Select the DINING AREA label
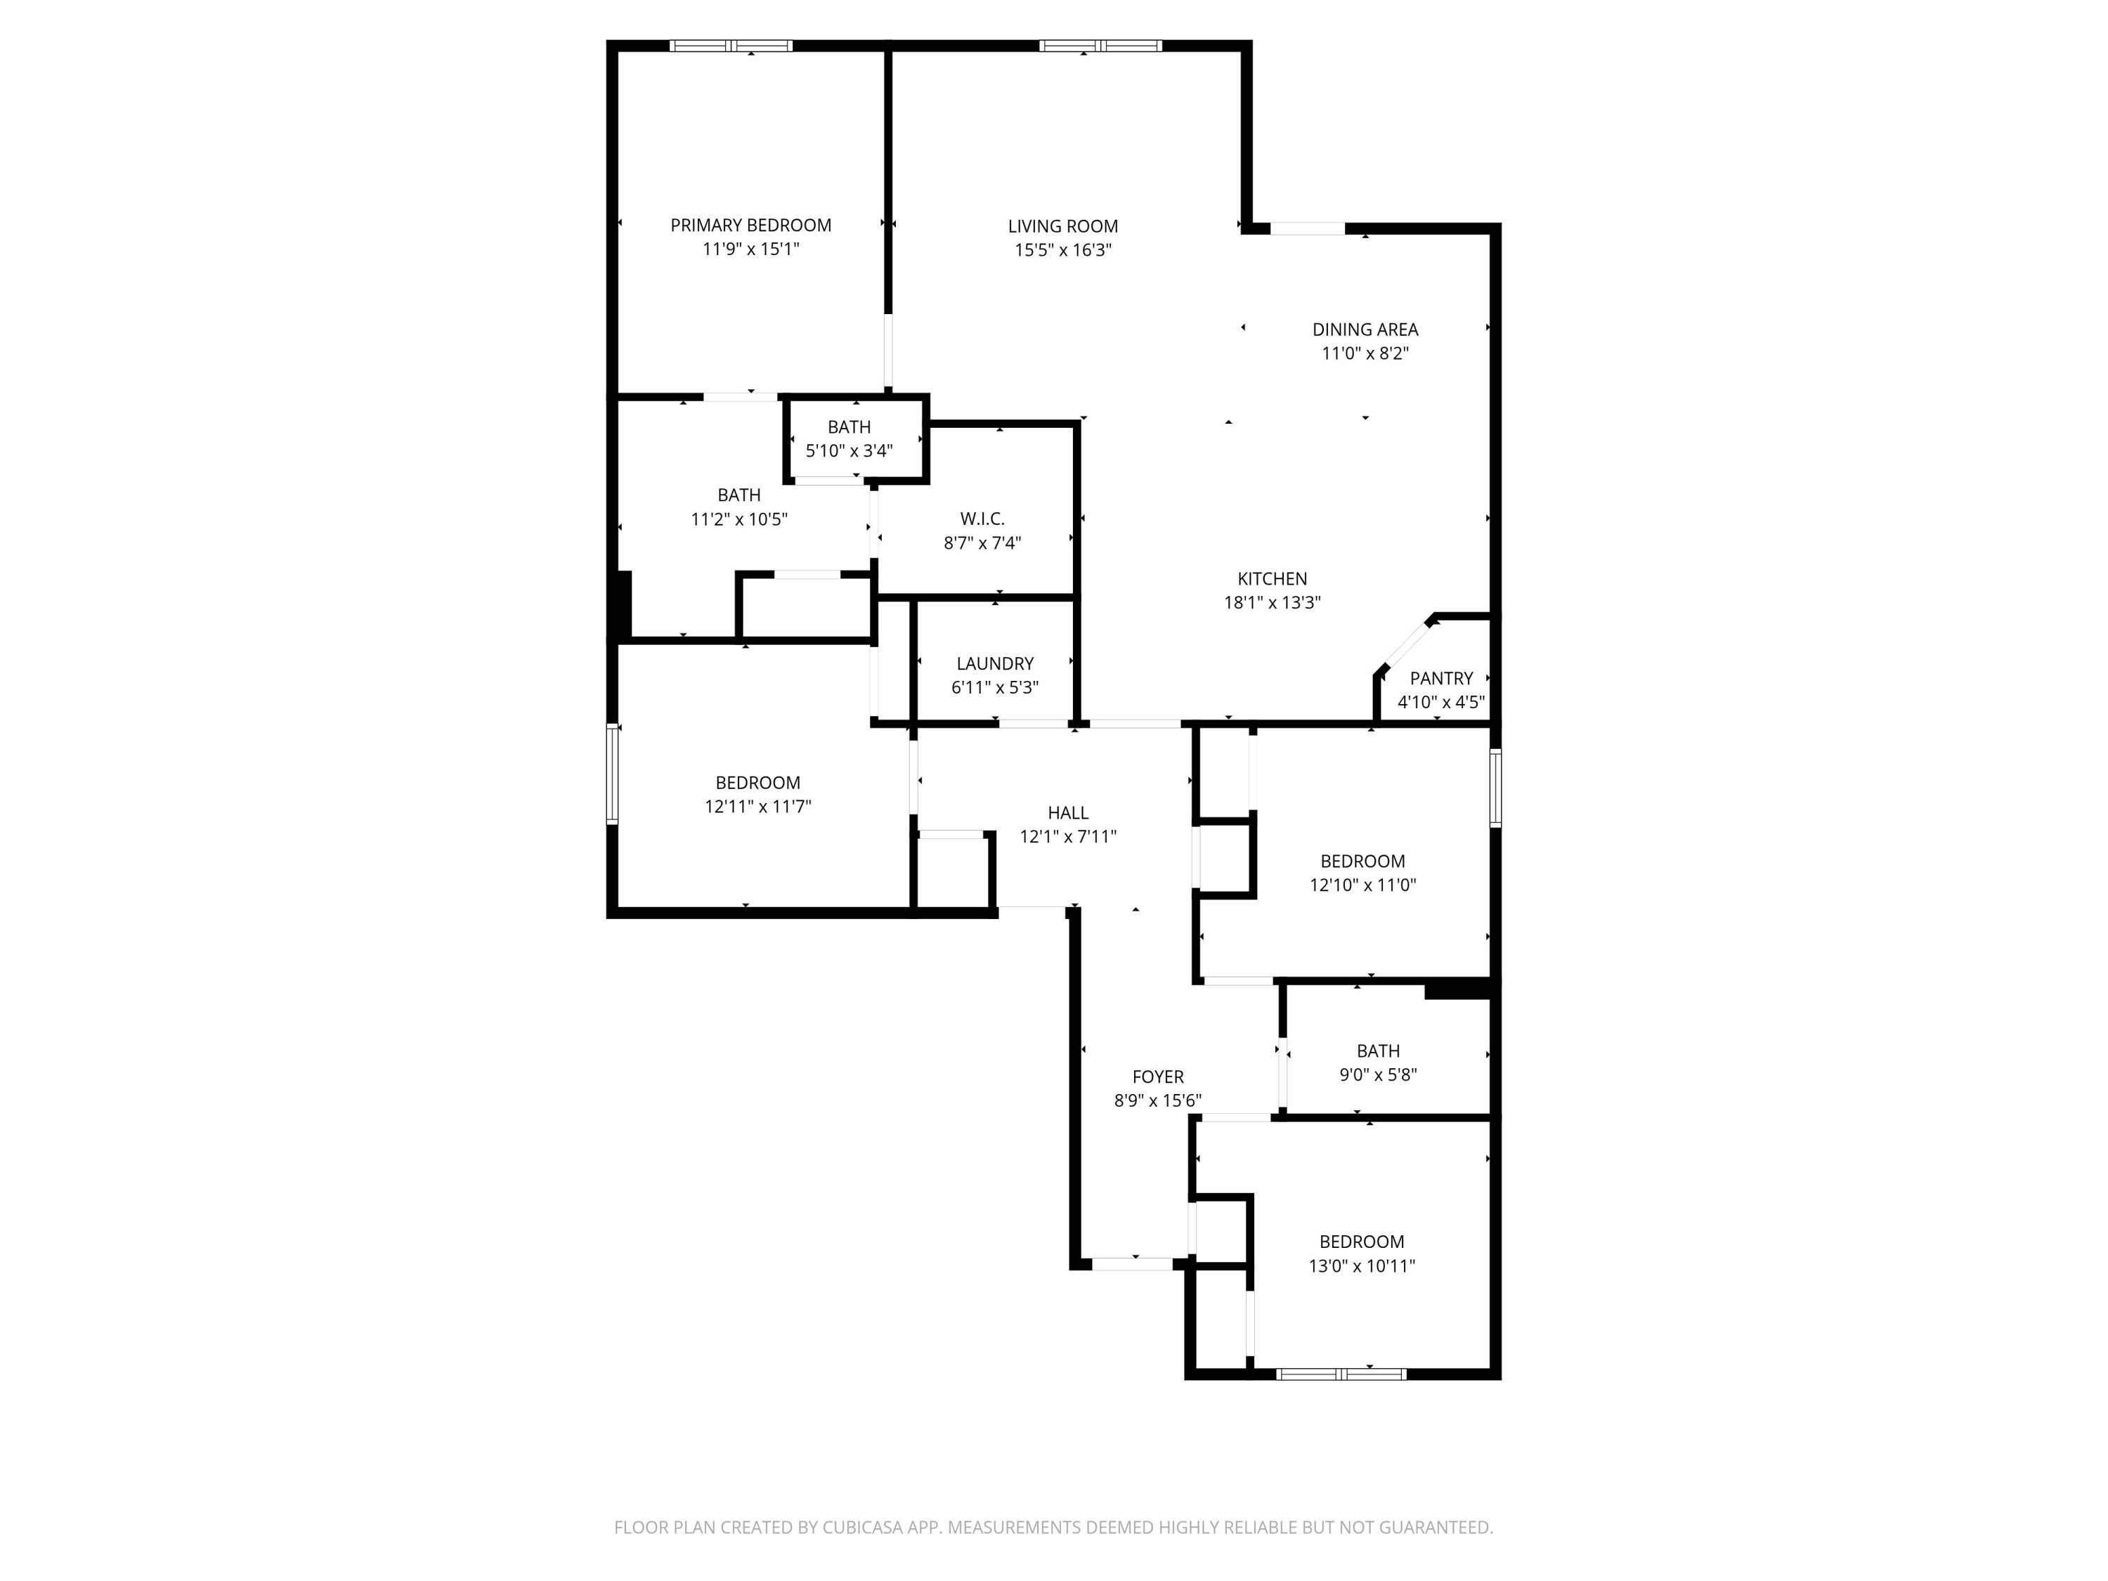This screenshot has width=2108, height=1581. pyautogui.click(x=1365, y=330)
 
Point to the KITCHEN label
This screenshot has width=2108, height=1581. pyautogui.click(x=1271, y=578)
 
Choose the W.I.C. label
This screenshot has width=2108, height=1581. pyautogui.click(x=982, y=519)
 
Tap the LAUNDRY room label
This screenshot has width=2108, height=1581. pyautogui.click(x=995, y=663)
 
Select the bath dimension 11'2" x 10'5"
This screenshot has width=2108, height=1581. pyautogui.click(x=739, y=519)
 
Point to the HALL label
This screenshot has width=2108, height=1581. pyautogui.click(x=1067, y=813)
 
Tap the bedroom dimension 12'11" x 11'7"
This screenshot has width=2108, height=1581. pyautogui.click(x=757, y=806)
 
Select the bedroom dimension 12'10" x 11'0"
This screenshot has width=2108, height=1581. pyautogui.click(x=1362, y=885)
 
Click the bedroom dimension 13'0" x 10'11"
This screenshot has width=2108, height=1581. pyautogui.click(x=1361, y=1266)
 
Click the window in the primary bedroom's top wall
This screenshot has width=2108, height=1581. pyautogui.click(x=731, y=46)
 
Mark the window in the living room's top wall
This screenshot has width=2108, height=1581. pyautogui.click(x=1100, y=46)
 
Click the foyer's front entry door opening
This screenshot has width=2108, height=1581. pyautogui.click(x=1131, y=1263)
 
